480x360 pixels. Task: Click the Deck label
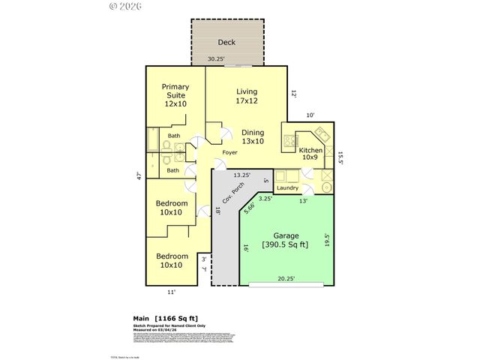click(x=227, y=43)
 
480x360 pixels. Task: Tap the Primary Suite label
click(x=175, y=95)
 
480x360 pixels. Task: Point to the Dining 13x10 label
click(x=252, y=137)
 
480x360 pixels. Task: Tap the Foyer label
click(x=229, y=152)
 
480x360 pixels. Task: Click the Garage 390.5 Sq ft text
click(x=284, y=239)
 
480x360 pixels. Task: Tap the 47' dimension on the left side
click(x=139, y=176)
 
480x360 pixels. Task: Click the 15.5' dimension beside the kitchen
click(x=340, y=157)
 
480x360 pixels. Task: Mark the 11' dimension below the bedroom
click(x=171, y=292)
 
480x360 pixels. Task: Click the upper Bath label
click(x=174, y=136)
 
